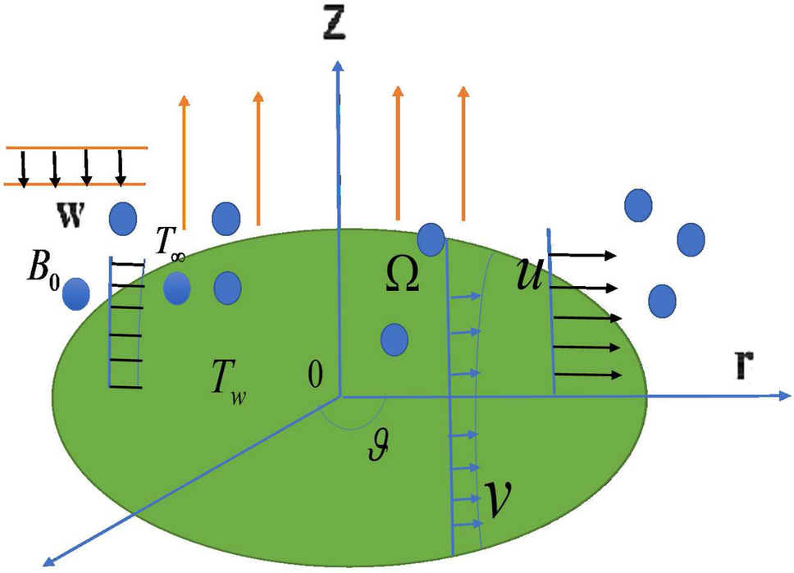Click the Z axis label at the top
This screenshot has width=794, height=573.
(335, 25)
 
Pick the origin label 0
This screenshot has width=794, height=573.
(315, 375)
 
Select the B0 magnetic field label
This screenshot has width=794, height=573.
(39, 270)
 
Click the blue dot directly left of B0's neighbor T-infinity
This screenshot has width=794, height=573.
(122, 217)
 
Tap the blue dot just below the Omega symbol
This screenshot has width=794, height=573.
(395, 338)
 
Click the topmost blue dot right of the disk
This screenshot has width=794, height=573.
(638, 205)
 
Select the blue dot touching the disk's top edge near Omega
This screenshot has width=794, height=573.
(431, 239)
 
